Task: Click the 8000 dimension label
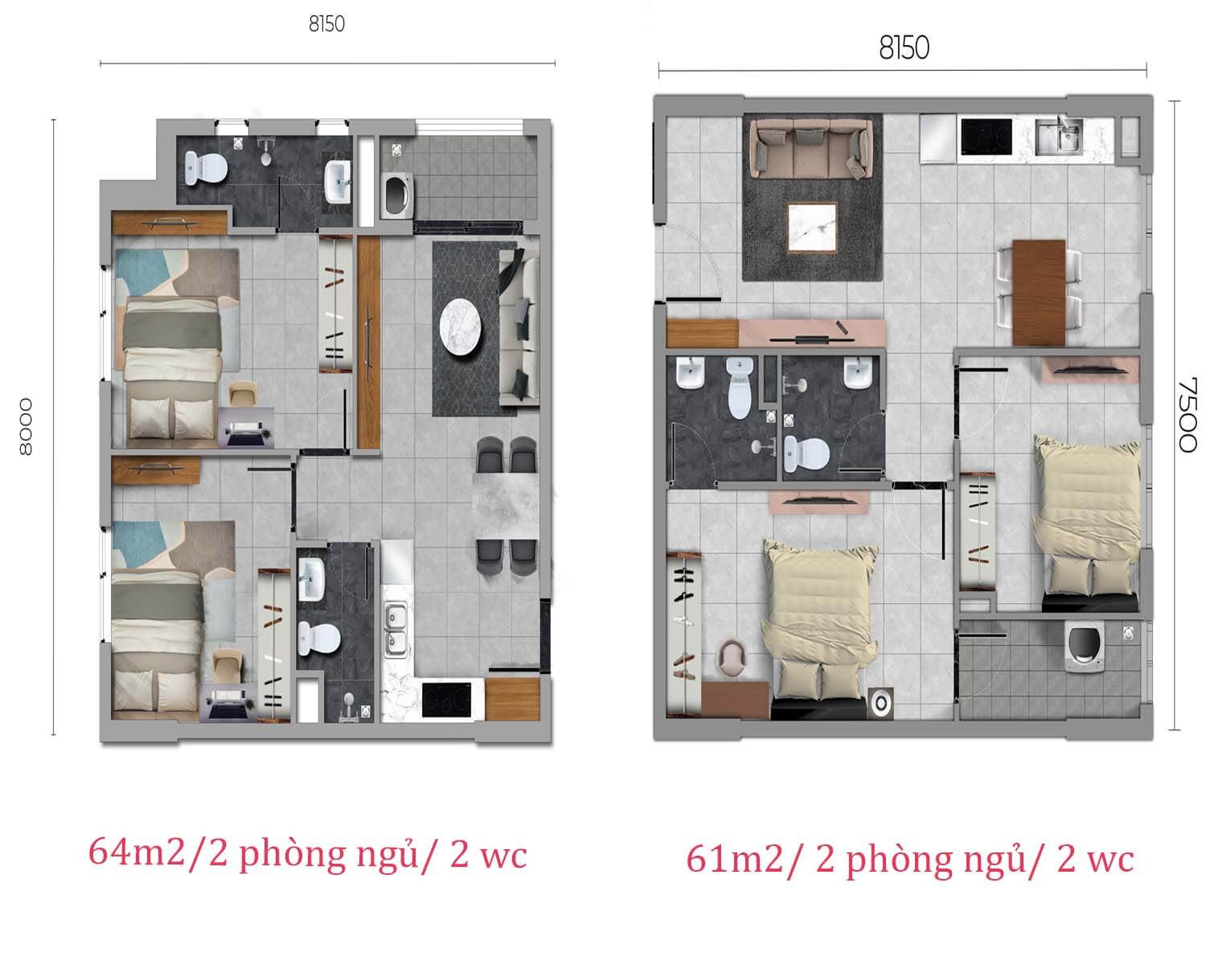(x=26, y=426)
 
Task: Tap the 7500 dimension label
(x=1187, y=415)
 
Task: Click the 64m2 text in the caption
(x=136, y=853)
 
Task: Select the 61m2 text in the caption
(x=734, y=860)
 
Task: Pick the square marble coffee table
(x=812, y=228)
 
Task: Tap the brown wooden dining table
(x=1039, y=292)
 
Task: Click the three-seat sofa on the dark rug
(x=811, y=148)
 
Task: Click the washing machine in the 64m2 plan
(x=397, y=195)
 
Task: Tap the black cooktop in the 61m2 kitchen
(x=987, y=136)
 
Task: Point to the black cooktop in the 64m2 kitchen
(x=446, y=699)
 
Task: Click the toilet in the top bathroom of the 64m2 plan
(x=206, y=167)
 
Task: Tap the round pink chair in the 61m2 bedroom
(x=732, y=659)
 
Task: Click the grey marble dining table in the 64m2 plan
(x=506, y=507)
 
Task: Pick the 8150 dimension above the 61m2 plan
(x=904, y=47)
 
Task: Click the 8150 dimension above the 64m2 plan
(x=326, y=24)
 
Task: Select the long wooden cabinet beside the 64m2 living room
(x=369, y=342)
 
